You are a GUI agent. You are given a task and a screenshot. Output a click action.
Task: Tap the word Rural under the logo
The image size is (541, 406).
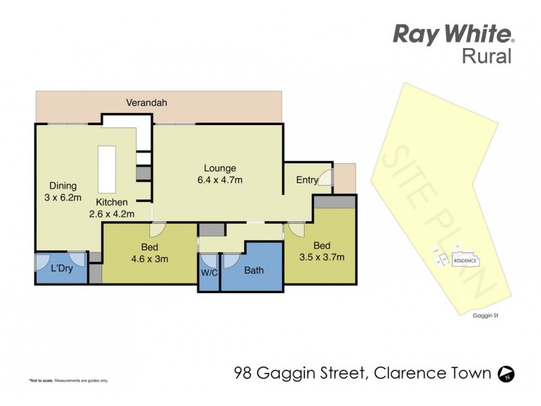[486, 57]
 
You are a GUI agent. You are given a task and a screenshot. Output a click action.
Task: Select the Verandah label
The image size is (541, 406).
[146, 104]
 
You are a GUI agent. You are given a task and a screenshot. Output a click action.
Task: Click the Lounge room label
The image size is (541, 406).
[220, 168]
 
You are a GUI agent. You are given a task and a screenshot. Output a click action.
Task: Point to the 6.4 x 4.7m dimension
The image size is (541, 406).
[220, 180]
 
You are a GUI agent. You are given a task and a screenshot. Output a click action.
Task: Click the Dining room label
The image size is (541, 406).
[62, 185]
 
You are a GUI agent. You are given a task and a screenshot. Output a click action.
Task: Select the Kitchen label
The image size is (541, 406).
[111, 202]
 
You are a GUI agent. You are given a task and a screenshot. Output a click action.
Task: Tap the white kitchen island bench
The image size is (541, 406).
[107, 169]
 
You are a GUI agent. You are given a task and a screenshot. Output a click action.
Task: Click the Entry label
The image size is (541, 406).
[306, 179]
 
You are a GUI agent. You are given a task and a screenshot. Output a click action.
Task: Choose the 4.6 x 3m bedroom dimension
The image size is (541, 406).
[149, 258]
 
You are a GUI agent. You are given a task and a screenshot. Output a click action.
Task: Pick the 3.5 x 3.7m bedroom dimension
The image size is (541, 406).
[323, 257]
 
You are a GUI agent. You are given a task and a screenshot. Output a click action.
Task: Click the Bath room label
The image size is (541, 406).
[254, 271]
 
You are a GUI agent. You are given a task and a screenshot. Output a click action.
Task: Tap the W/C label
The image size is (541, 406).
[209, 274]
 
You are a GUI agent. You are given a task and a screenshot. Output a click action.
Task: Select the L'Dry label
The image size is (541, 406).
[62, 269]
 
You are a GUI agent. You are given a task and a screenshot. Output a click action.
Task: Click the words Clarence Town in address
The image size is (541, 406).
[427, 373]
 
